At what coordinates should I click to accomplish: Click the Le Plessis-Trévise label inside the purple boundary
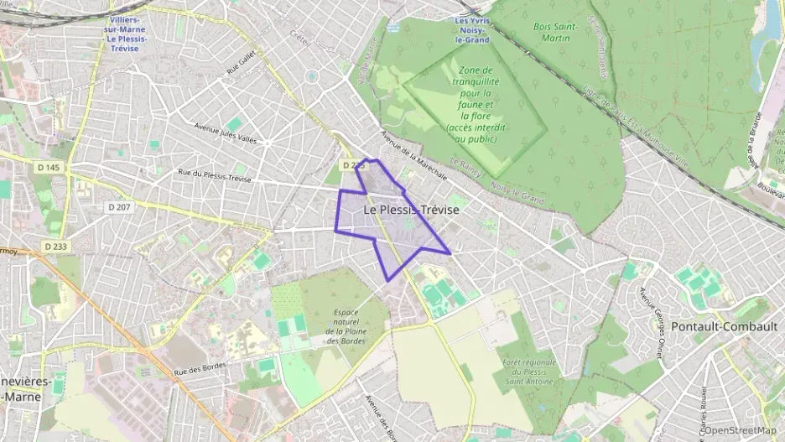click(x=412, y=210)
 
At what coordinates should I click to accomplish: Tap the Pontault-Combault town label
click(x=720, y=326)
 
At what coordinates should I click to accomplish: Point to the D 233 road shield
click(x=56, y=246)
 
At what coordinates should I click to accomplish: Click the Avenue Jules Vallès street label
click(x=225, y=133)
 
